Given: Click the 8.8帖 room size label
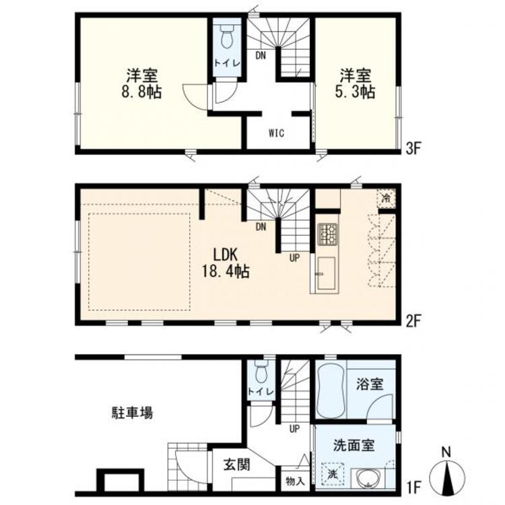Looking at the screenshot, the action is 141,92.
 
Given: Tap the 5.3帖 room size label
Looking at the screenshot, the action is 356,92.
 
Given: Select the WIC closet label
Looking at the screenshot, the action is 276,133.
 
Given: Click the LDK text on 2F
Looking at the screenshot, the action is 226,255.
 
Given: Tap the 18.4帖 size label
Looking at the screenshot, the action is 226,271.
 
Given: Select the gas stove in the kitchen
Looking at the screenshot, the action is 327,234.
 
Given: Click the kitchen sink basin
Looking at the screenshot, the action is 326,273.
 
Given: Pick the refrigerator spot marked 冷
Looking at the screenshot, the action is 386,198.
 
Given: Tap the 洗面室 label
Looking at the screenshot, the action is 354,446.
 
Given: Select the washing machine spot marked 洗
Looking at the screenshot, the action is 333,474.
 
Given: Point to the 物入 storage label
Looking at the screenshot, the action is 295,482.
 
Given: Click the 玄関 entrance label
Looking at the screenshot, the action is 237,465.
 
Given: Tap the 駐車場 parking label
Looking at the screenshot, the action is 133,413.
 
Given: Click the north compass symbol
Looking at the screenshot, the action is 447,475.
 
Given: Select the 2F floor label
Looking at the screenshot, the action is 413,321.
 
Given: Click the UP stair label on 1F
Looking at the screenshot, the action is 294,429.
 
